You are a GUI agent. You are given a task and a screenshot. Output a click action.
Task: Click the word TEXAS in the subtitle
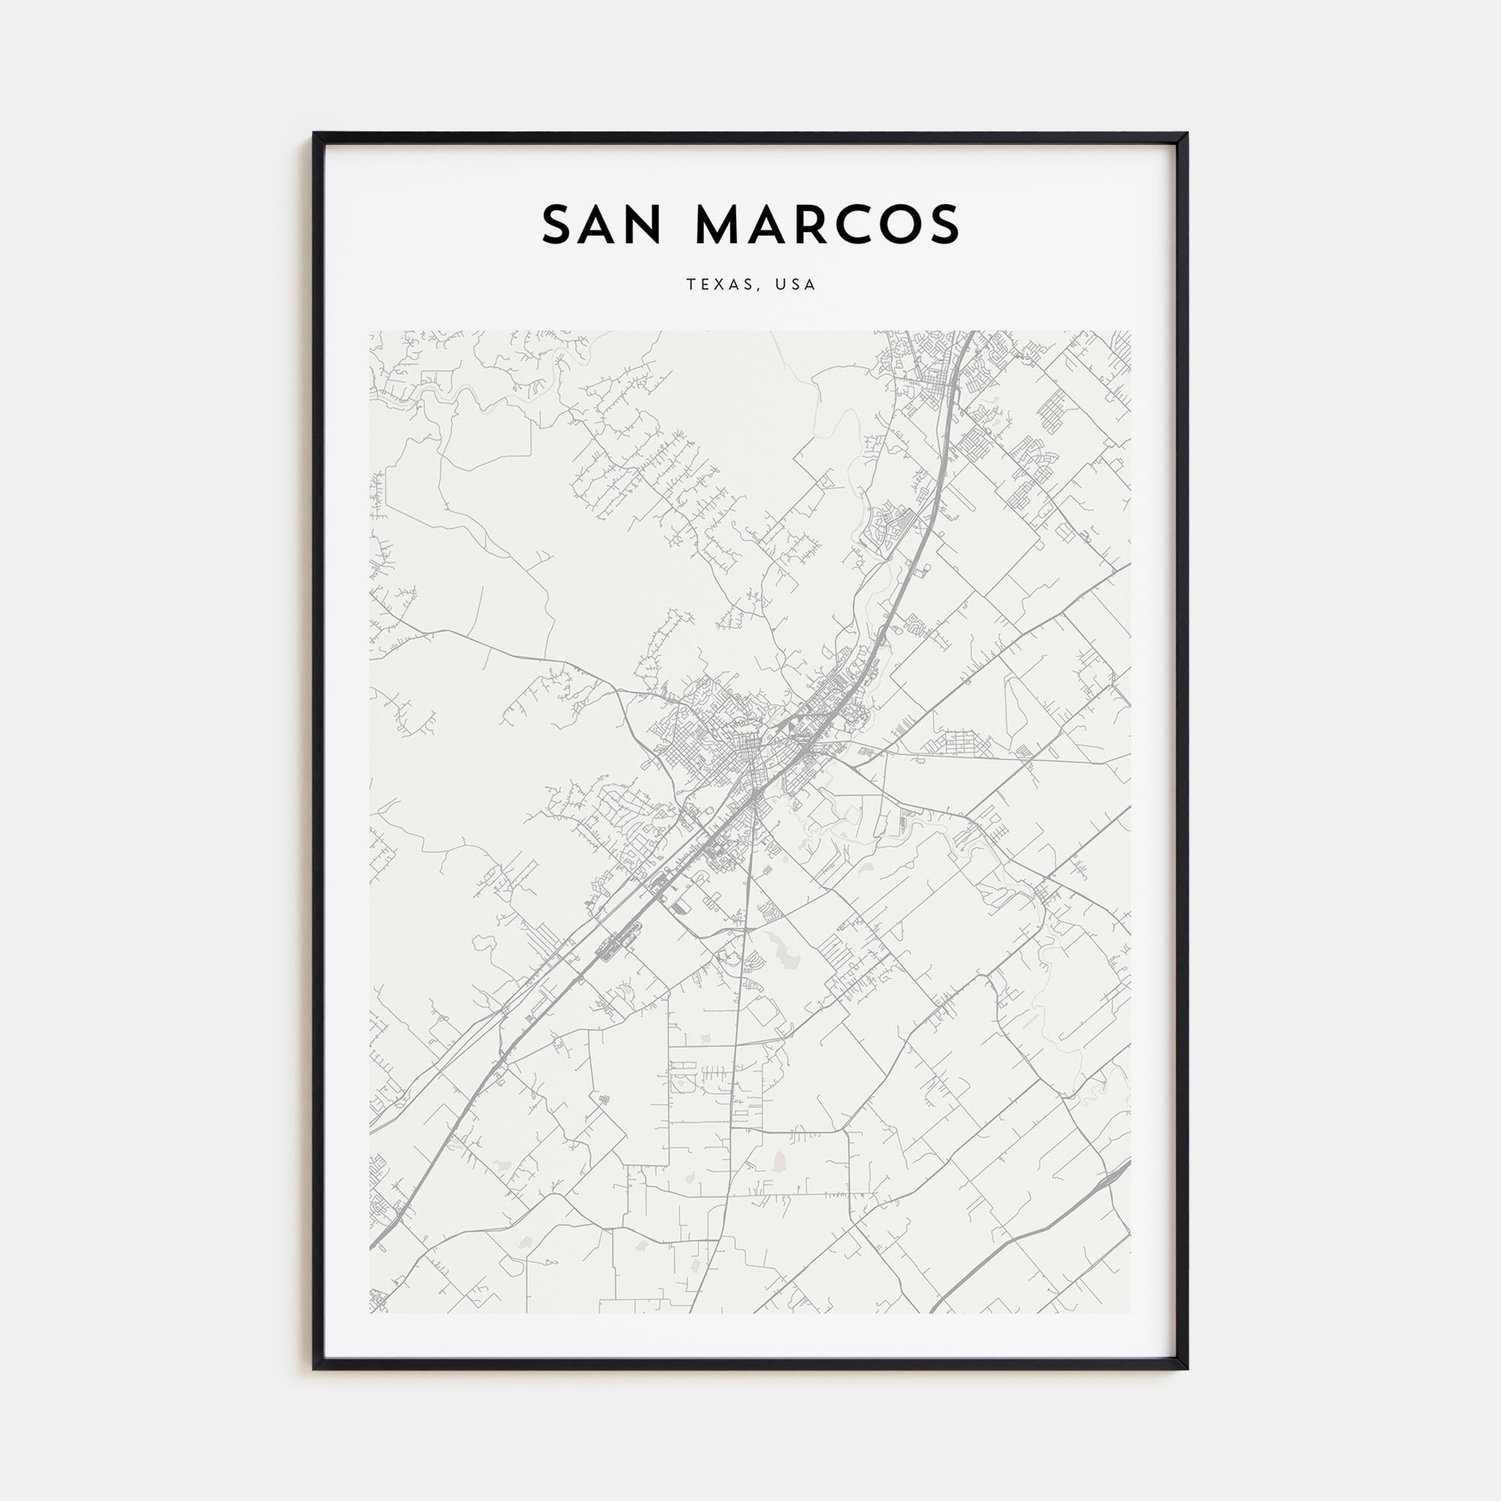pyautogui.click(x=717, y=285)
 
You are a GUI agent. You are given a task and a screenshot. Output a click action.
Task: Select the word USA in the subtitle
pyautogui.click(x=795, y=285)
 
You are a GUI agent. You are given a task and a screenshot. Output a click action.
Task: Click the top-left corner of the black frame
pyautogui.click(x=314, y=134)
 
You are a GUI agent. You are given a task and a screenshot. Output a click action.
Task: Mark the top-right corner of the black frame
pyautogui.click(x=1187, y=134)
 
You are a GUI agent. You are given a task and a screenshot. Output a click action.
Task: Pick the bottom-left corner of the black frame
pyautogui.click(x=314, y=1368)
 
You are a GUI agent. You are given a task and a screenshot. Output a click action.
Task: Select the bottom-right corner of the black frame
pyautogui.click(x=1187, y=1368)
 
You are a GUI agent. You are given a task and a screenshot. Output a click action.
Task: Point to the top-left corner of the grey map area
pyautogui.click(x=370, y=332)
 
